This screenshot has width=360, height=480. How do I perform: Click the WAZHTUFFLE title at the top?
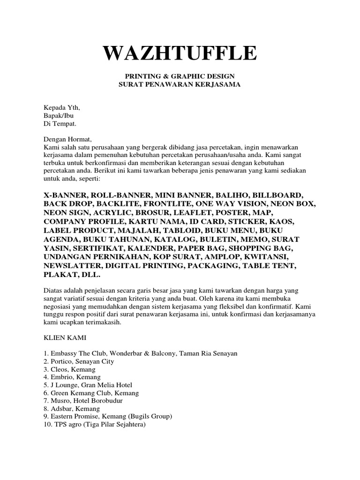(x=180, y=53)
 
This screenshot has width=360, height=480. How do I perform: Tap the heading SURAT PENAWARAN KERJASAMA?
(x=180, y=84)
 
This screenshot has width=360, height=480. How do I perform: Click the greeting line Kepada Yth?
(x=59, y=107)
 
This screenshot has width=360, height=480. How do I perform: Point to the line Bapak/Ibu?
(x=59, y=115)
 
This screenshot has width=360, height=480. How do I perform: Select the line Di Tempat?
(x=59, y=123)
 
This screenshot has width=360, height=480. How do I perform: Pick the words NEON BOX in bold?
(x=295, y=204)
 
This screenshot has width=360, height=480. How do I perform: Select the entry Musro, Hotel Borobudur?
(x=85, y=401)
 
